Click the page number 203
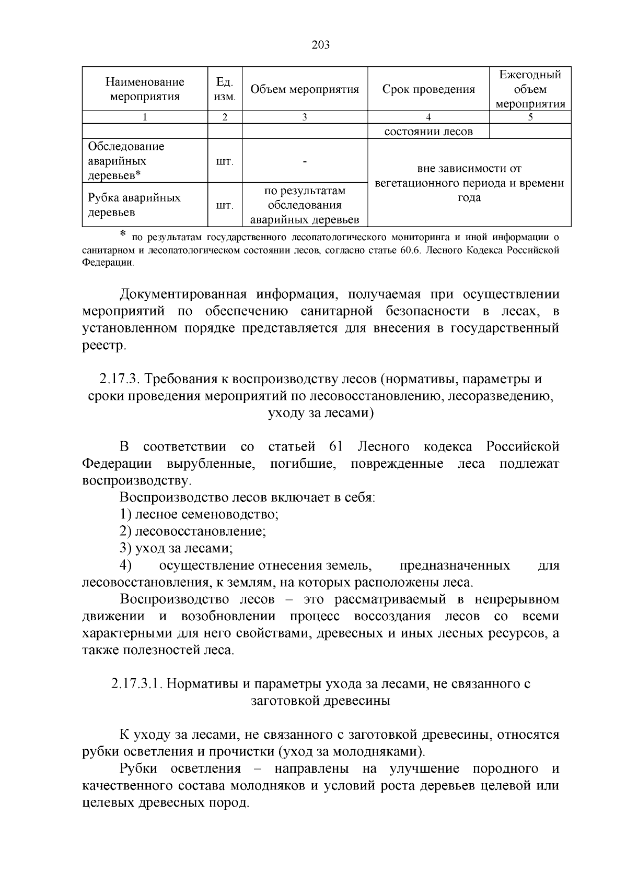pyautogui.click(x=320, y=45)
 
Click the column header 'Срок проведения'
pyautogui.click(x=428, y=89)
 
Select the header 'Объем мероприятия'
pyautogui.click(x=305, y=89)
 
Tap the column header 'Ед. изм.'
pyautogui.click(x=225, y=89)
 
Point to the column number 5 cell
pyautogui.click(x=530, y=117)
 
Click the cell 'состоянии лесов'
pyautogui.click(x=428, y=132)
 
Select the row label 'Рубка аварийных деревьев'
pyautogui.click(x=134, y=205)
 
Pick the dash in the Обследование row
pyautogui.click(x=305, y=161)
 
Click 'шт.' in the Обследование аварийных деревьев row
pyautogui.click(x=225, y=161)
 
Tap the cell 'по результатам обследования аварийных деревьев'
pyautogui.click(x=305, y=205)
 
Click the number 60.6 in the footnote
pyautogui.click(x=411, y=250)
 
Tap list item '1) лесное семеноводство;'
pyautogui.click(x=199, y=514)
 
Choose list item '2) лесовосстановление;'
pyautogui.click(x=193, y=531)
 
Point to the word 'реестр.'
pyautogui.click(x=104, y=346)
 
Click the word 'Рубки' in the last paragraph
pyautogui.click(x=138, y=769)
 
